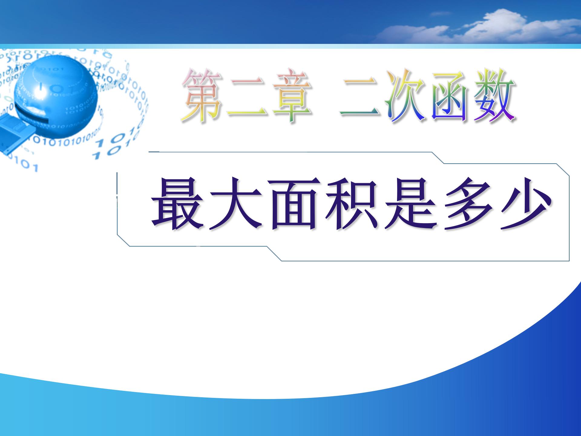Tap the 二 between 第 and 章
[247, 97]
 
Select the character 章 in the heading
[292, 96]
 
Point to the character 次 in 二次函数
[405, 96]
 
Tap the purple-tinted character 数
[494, 96]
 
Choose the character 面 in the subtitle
[292, 203]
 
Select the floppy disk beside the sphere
[15, 133]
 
